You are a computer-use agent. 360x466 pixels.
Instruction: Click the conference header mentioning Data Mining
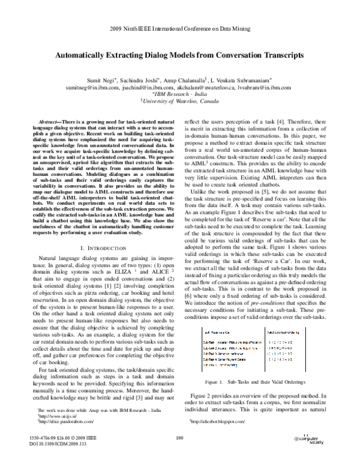coord(180,29)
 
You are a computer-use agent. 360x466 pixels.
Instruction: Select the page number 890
coord(179,455)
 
